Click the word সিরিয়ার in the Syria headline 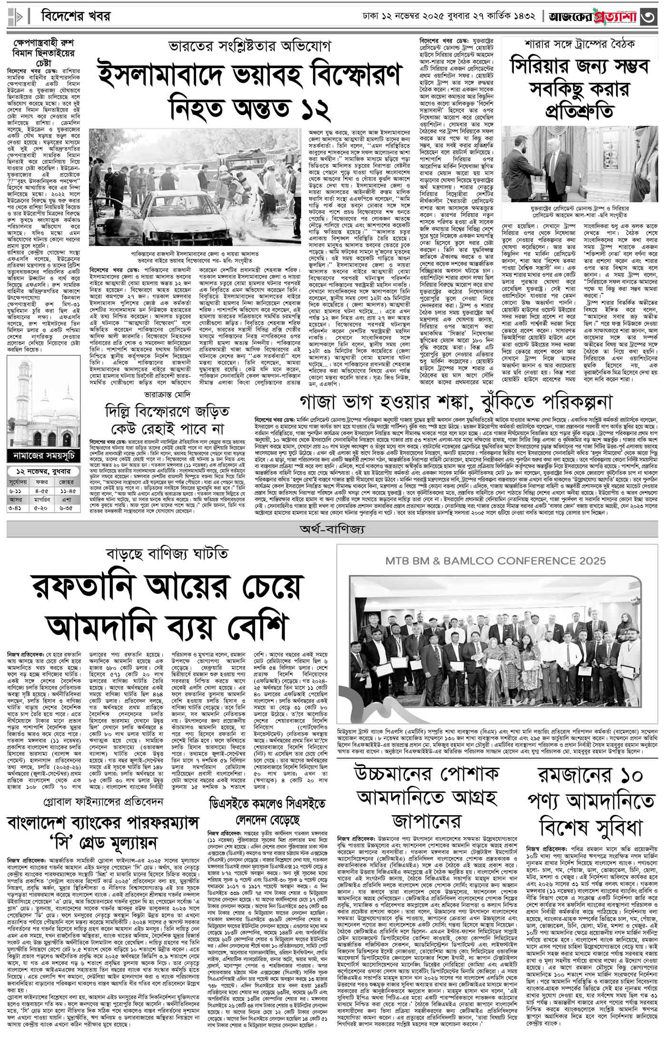click(554, 67)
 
